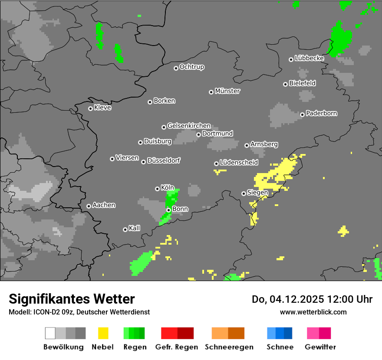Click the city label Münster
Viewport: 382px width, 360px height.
(x=227, y=91)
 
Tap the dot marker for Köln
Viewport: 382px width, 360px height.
(x=157, y=189)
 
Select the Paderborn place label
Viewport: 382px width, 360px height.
(x=322, y=114)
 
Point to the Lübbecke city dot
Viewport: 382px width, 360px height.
(x=291, y=59)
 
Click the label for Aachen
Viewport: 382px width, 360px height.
(x=104, y=205)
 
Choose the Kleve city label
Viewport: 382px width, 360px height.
(x=102, y=108)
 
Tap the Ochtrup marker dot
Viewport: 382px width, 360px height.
(x=176, y=68)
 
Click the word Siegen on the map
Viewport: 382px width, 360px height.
(x=257, y=193)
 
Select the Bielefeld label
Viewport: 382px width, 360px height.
(x=302, y=83)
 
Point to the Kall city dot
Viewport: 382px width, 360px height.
(x=125, y=229)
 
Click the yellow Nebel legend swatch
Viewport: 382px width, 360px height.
(x=103, y=333)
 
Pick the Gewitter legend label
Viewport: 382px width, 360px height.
(x=320, y=347)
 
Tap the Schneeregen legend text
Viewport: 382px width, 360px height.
(x=228, y=347)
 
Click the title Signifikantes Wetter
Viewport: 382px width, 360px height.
(x=72, y=299)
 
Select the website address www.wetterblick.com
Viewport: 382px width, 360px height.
(x=313, y=312)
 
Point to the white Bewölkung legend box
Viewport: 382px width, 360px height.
(x=50, y=333)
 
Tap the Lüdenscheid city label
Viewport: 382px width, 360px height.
(x=239, y=163)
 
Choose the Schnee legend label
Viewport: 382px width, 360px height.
(x=280, y=347)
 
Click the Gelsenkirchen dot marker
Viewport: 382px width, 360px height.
(x=164, y=127)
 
